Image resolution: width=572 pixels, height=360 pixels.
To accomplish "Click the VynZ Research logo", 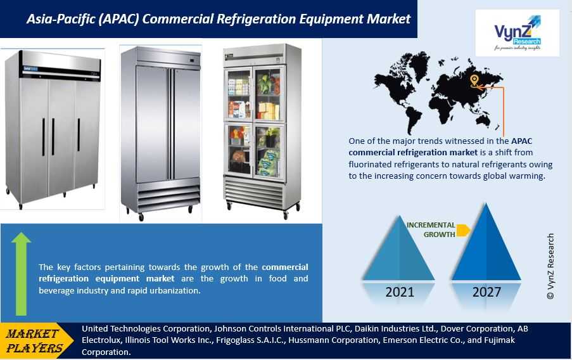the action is (x=518, y=33).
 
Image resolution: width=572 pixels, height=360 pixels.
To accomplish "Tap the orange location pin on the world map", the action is (x=474, y=80).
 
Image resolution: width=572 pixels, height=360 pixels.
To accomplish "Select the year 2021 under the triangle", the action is (x=400, y=292).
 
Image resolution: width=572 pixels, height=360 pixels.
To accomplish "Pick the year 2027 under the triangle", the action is (x=486, y=292).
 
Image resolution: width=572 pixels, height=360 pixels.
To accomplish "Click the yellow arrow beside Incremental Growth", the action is (x=463, y=230).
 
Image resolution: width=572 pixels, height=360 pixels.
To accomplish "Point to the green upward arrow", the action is (x=21, y=274).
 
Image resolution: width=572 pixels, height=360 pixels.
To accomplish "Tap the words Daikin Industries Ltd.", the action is (x=396, y=328).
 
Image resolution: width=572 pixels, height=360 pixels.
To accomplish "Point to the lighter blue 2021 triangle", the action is (x=399, y=248).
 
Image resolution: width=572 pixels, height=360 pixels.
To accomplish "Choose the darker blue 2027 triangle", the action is (x=486, y=242).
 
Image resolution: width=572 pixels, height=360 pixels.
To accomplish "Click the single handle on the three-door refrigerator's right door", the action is (x=79, y=135).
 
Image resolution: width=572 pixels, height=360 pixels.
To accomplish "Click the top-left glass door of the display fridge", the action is (x=239, y=94).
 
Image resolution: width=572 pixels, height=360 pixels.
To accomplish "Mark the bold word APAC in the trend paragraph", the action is (x=522, y=141).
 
